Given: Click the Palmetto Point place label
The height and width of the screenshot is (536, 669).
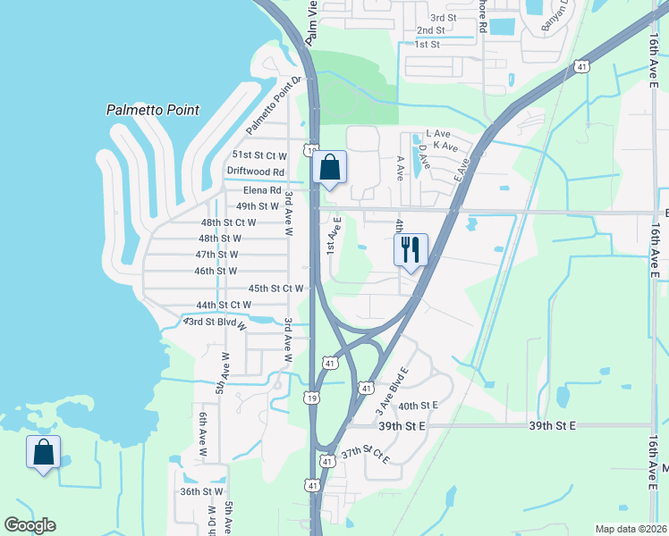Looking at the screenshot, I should pyautogui.click(x=152, y=111).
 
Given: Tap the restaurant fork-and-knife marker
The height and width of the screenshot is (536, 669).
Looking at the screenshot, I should pyautogui.click(x=411, y=250).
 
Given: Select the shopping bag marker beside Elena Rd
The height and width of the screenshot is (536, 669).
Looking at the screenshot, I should pyautogui.click(x=330, y=167).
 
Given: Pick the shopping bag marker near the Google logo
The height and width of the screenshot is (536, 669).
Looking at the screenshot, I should pyautogui.click(x=44, y=452).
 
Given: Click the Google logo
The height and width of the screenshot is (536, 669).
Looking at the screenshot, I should pyautogui.click(x=30, y=525).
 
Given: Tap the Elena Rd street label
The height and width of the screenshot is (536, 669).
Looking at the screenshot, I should pyautogui.click(x=262, y=190).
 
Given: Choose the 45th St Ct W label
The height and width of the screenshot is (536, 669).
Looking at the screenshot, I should pyautogui.click(x=276, y=289).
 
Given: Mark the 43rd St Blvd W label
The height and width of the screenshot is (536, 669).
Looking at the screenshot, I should pyautogui.click(x=216, y=322).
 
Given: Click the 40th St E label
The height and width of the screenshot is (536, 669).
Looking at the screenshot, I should pyautogui.click(x=419, y=406).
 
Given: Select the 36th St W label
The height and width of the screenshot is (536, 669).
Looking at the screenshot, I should pyautogui.click(x=201, y=491).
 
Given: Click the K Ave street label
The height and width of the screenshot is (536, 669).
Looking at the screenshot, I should pyautogui.click(x=445, y=146).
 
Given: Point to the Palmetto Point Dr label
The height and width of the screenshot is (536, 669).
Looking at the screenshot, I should pyautogui.click(x=276, y=106).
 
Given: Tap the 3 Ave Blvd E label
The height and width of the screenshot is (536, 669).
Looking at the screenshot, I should pyautogui.click(x=393, y=390).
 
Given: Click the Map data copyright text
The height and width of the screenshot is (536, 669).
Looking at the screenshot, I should pyautogui.click(x=631, y=529).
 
